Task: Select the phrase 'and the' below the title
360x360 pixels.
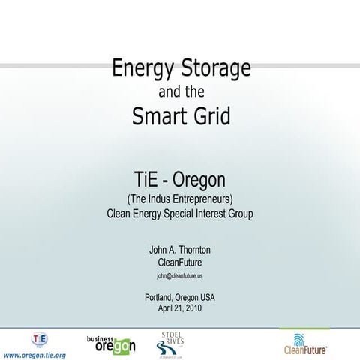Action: [180, 93]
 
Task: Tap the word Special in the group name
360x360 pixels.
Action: [179, 214]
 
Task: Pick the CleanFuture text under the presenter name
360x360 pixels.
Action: [180, 262]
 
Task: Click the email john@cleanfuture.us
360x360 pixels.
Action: [180, 276]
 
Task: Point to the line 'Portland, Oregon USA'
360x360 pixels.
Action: [180, 297]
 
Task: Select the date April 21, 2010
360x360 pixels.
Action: [180, 307]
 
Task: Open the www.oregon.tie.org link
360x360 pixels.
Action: [35, 354]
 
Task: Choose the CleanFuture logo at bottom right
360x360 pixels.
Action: [304, 342]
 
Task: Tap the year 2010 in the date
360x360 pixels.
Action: [192, 307]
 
